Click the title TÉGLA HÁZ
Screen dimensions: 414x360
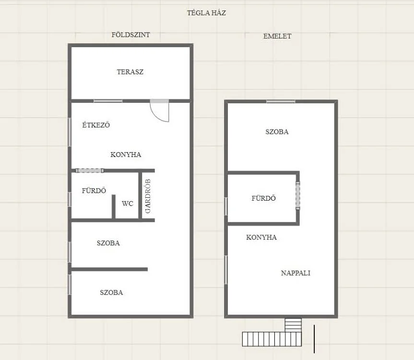[x=206, y=13]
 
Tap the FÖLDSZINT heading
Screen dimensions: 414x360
[x=130, y=35]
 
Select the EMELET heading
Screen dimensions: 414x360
[x=277, y=36]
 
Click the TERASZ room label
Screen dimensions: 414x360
[x=130, y=72]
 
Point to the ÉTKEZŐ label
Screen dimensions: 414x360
[x=96, y=125]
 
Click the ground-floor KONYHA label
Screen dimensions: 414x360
[x=126, y=155]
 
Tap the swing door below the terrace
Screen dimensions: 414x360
[x=159, y=110]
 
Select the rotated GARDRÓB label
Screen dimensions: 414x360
[x=148, y=196]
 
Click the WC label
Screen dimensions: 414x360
[x=128, y=204]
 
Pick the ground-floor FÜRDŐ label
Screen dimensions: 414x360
[x=94, y=191]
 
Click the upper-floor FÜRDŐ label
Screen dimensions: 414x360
[x=263, y=198]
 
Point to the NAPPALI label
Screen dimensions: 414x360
[x=296, y=273]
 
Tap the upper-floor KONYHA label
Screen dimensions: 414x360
[x=261, y=237]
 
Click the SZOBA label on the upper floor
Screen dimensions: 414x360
[x=277, y=132]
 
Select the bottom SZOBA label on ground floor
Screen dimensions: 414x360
[x=111, y=292]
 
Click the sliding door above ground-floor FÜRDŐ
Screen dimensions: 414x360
[x=90, y=170]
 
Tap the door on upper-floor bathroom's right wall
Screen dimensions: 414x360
[x=298, y=195]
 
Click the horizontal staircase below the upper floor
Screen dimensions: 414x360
[x=272, y=339]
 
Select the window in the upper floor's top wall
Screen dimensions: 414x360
[x=281, y=101]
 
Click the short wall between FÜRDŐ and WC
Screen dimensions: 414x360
[x=114, y=207]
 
